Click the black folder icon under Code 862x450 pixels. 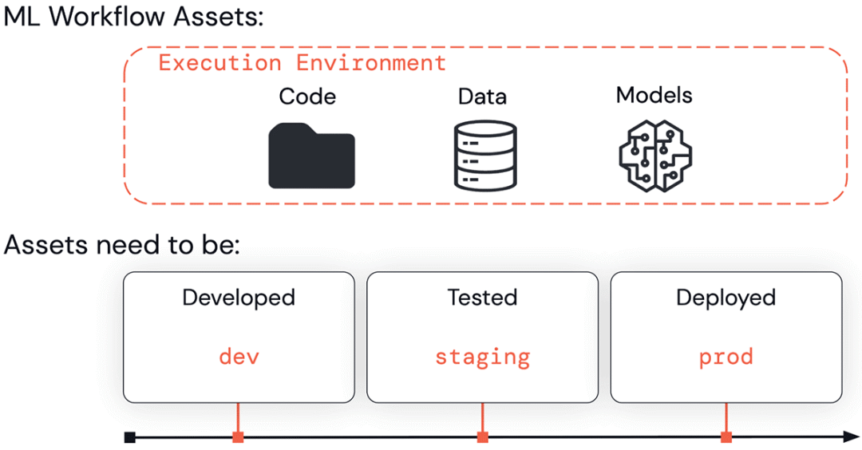[x=311, y=156]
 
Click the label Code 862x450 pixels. [x=307, y=97]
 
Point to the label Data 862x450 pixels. [x=481, y=97]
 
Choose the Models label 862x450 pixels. [x=654, y=96]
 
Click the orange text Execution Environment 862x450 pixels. [x=302, y=63]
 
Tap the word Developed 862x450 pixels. [x=239, y=298]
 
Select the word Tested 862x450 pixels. [x=482, y=298]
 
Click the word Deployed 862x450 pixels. [x=726, y=298]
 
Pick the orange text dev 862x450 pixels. [x=239, y=356]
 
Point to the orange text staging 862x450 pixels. [x=482, y=357]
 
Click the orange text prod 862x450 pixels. [x=726, y=357]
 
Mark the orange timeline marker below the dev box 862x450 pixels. [x=238, y=437]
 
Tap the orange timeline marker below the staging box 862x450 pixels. [x=482, y=437]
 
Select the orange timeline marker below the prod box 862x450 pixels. [x=726, y=437]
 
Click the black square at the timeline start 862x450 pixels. [x=130, y=437]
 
